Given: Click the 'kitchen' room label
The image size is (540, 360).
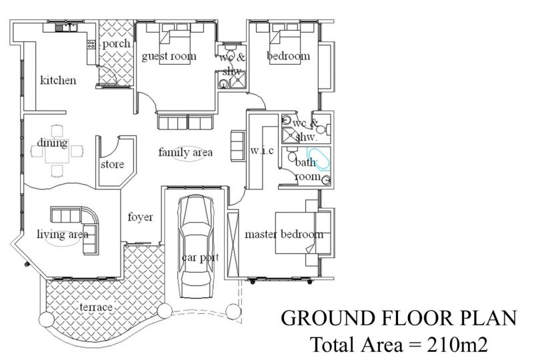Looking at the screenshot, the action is click(x=58, y=80).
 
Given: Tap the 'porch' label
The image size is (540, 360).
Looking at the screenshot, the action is click(x=117, y=44).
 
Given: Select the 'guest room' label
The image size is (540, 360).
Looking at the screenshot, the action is click(x=169, y=56).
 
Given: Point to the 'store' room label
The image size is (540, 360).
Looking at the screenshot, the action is click(x=112, y=164).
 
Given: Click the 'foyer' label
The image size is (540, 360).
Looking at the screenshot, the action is click(x=140, y=217).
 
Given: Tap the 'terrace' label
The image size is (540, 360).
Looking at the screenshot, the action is click(x=96, y=307).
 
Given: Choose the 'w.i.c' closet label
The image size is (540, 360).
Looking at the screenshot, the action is click(x=262, y=151).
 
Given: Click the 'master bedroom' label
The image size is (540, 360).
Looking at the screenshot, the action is click(x=284, y=234).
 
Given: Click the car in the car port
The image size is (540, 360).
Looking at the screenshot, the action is click(x=195, y=246).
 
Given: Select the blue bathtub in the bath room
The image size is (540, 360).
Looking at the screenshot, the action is click(x=319, y=159).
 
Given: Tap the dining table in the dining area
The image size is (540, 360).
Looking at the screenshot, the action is click(x=57, y=151).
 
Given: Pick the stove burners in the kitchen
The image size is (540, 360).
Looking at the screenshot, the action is click(x=91, y=44).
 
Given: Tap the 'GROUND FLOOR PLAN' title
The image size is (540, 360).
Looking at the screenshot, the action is click(x=399, y=318).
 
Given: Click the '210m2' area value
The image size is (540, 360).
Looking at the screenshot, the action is click(x=457, y=344).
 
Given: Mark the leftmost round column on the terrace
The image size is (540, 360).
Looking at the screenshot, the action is click(x=47, y=319).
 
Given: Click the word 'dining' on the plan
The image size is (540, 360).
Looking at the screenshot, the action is click(x=53, y=143).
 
